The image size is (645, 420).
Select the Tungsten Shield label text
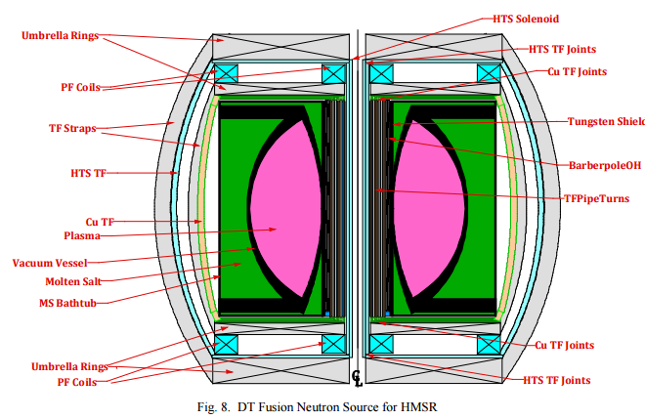coord(606,122)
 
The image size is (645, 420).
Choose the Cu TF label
coord(95,221)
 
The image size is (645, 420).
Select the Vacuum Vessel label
coord(52,262)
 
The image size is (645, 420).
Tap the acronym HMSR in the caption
coord(403,406)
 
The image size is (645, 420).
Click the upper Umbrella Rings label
coord(61,36)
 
